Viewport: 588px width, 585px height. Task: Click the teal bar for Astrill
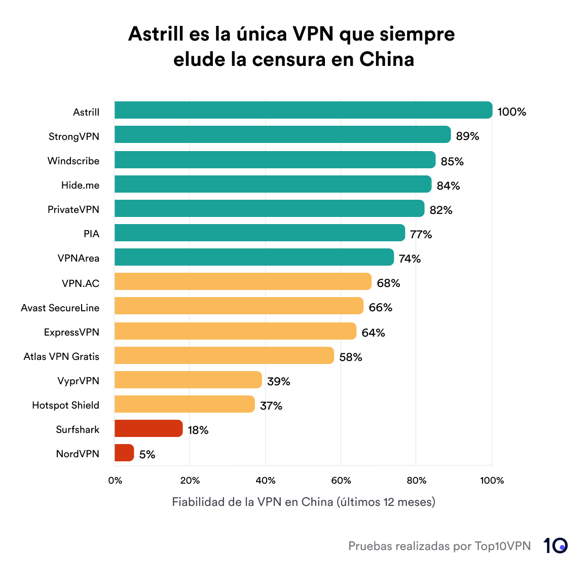coord(303,110)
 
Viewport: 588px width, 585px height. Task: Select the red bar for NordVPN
coord(124,453)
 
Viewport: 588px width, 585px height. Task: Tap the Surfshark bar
coord(149,428)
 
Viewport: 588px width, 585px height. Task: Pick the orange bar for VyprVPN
coord(188,380)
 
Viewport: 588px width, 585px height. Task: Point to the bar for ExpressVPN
coord(235,331)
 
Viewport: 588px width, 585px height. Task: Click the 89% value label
coord(467,136)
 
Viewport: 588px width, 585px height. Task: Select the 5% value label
coord(147,455)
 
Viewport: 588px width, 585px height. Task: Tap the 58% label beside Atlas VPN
coord(351,357)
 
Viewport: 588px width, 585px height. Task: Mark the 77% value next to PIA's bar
coord(421,234)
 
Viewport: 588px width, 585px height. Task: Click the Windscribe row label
coord(73,161)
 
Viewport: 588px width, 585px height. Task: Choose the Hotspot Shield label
coord(65,405)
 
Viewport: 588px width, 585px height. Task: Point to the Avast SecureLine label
coord(60,308)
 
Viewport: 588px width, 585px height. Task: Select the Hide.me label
coord(80,185)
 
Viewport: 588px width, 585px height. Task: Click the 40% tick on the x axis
coord(265,481)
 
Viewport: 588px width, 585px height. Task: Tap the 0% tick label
coord(115,481)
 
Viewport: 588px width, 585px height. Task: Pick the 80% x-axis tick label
coord(416,481)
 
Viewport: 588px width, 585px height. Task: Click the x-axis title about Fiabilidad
coord(303,502)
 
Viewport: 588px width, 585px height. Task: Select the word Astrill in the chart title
coord(156,34)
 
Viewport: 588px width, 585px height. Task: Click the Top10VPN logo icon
coord(556,546)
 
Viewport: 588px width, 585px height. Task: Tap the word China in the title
coord(387,60)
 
